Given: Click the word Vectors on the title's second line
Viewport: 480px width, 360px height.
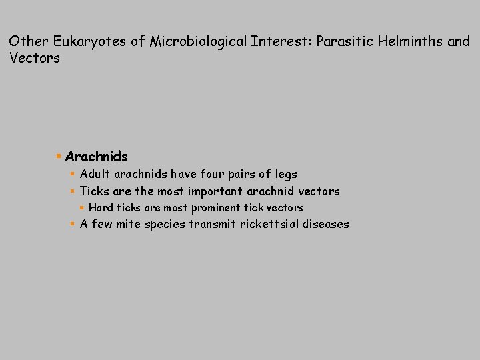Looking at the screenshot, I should pyautogui.click(x=35, y=58).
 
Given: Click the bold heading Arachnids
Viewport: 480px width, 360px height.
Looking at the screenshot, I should pyautogui.click(x=97, y=157).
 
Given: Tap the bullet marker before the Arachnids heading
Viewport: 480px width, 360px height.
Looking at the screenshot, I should pyautogui.click(x=59, y=157).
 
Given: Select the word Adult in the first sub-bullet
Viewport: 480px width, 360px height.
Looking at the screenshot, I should pyautogui.click(x=95, y=174).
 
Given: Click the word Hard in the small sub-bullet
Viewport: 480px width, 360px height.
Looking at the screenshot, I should pyautogui.click(x=101, y=207).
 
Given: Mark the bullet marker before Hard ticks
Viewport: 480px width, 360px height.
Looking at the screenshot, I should pyautogui.click(x=82, y=207).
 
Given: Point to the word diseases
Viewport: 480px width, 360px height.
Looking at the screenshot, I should pyautogui.click(x=325, y=224).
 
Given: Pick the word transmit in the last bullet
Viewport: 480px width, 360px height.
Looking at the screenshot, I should pyautogui.click(x=209, y=224).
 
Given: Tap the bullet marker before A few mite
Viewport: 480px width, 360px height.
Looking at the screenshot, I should pyautogui.click(x=73, y=224).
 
